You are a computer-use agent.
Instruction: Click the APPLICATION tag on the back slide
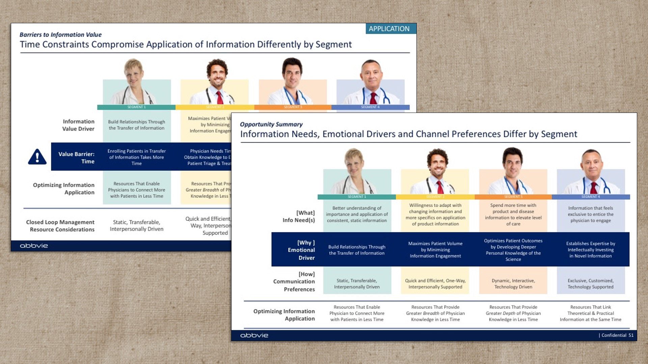(x=389, y=29)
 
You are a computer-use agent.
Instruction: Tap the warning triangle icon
(x=37, y=157)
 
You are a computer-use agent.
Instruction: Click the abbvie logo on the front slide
(x=254, y=335)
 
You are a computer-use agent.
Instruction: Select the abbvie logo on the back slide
(x=34, y=246)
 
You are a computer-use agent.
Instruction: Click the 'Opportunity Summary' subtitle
(x=271, y=124)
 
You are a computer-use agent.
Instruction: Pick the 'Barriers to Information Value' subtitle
(x=60, y=35)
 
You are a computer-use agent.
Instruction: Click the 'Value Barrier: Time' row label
(x=76, y=158)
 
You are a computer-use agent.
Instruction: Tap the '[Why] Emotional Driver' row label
(x=301, y=250)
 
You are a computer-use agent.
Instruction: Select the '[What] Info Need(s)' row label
(x=299, y=216)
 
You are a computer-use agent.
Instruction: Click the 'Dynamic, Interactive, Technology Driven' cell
(x=513, y=284)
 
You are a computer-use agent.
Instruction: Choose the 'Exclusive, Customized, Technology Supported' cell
(x=590, y=284)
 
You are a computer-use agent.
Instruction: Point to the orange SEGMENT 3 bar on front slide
(x=513, y=197)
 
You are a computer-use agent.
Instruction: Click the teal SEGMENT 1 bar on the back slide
(x=136, y=107)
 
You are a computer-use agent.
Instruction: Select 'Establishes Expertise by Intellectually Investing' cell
(x=590, y=250)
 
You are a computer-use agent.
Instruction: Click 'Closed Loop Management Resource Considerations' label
(x=60, y=226)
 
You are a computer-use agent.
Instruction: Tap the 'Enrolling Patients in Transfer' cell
(x=136, y=157)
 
